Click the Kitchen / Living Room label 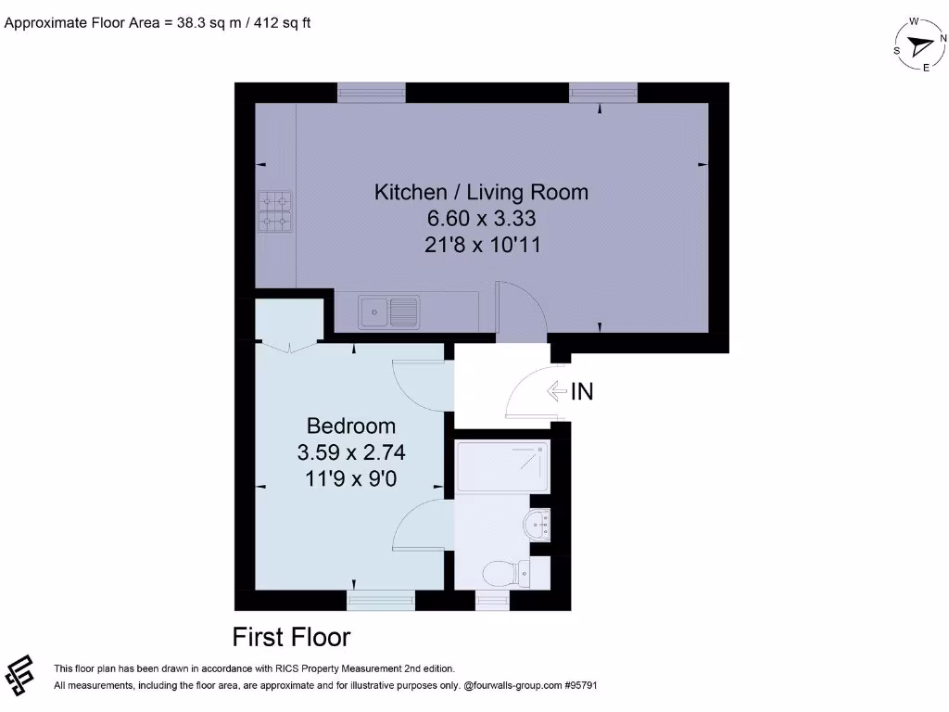pyautogui.click(x=481, y=193)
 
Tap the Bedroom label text pyautogui.click(x=351, y=426)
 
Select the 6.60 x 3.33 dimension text pyautogui.click(x=481, y=220)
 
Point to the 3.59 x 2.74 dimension pyautogui.click(x=351, y=453)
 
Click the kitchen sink pyautogui.click(x=389, y=311)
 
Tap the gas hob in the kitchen pyautogui.click(x=275, y=210)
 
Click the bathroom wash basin pyautogui.click(x=538, y=526)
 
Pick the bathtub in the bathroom pyautogui.click(x=501, y=467)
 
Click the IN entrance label pyautogui.click(x=582, y=392)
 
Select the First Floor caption pyautogui.click(x=291, y=638)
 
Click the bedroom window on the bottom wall pyautogui.click(x=381, y=601)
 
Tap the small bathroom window pyautogui.click(x=492, y=601)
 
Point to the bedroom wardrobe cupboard pyautogui.click(x=289, y=321)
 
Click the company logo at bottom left pyautogui.click(x=20, y=675)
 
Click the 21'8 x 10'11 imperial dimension pyautogui.click(x=481, y=246)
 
